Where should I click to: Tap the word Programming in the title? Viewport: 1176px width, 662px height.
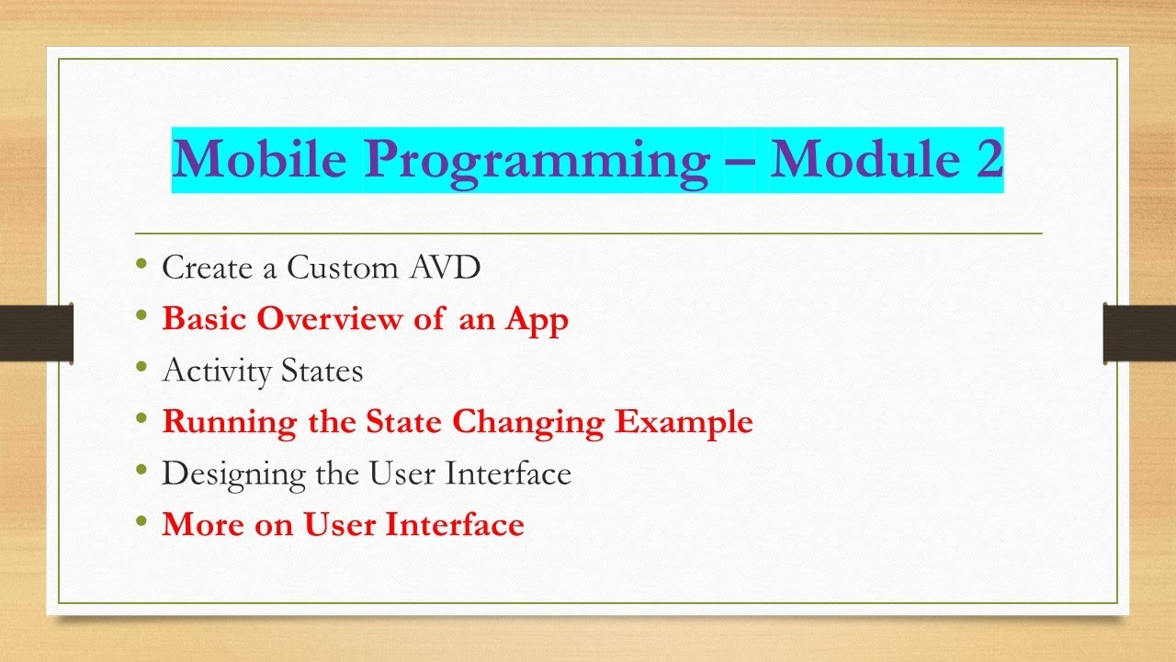[537, 160]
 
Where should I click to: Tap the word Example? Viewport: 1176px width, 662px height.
[684, 423]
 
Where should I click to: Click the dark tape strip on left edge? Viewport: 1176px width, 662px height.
[36, 333]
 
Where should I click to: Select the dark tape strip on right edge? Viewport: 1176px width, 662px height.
[1139, 333]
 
